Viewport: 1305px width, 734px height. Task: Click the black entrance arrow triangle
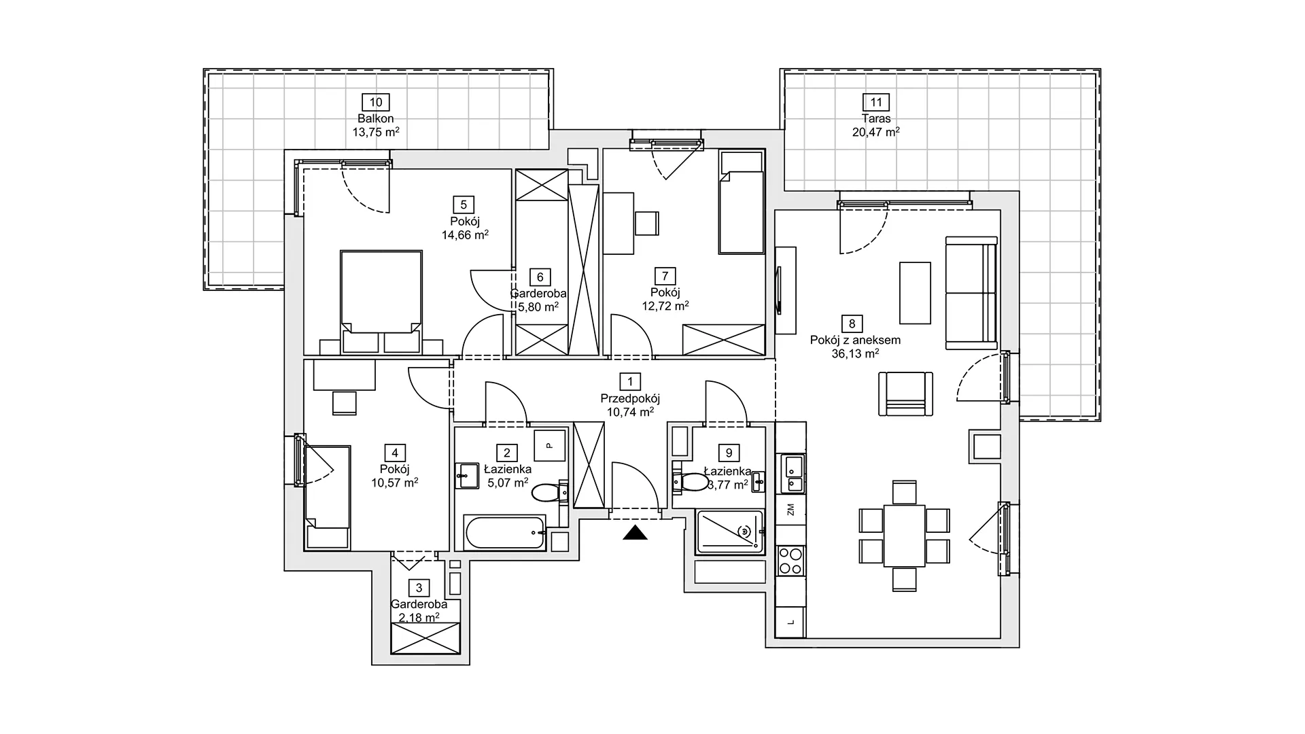(x=636, y=533)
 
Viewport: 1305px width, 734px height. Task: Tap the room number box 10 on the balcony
(x=376, y=103)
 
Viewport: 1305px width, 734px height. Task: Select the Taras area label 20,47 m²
(x=876, y=133)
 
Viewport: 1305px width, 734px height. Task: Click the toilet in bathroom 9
(x=689, y=482)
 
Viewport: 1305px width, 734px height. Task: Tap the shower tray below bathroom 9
(x=730, y=532)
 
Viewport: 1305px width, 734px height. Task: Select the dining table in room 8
(x=905, y=536)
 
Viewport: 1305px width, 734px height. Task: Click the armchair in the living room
(x=906, y=394)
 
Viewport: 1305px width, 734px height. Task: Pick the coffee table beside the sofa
(x=915, y=293)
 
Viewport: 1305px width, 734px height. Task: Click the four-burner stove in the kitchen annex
(x=790, y=561)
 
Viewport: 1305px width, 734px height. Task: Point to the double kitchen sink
(x=793, y=474)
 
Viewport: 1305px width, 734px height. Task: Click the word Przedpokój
(x=630, y=399)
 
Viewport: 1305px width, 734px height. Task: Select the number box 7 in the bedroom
(x=665, y=276)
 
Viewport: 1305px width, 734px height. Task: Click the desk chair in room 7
(x=647, y=223)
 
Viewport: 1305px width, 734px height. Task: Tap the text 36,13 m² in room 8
(x=855, y=353)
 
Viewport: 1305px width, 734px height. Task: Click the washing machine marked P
(x=549, y=446)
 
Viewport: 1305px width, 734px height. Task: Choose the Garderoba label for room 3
(x=419, y=604)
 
